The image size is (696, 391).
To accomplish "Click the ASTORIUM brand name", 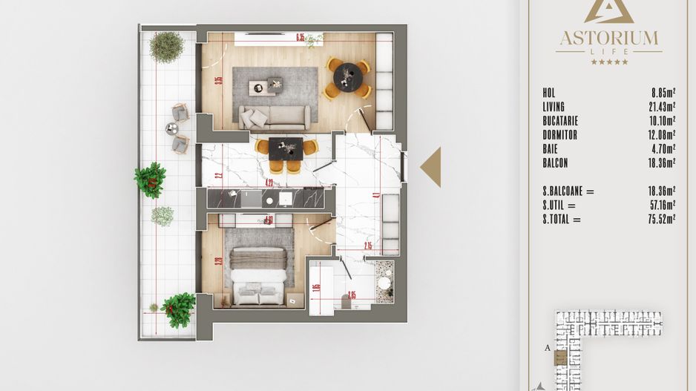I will click(x=608, y=37).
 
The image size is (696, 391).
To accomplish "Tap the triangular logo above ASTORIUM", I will click(x=608, y=11).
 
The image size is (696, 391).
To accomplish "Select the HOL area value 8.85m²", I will click(x=663, y=93).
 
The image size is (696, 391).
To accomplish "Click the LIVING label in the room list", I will click(x=554, y=107).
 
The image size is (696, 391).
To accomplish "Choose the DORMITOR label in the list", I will click(x=559, y=135).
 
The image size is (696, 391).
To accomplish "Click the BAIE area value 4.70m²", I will click(x=663, y=149).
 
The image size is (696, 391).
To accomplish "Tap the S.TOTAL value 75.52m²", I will click(x=660, y=219).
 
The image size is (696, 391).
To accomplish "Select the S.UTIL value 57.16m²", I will click(x=660, y=205).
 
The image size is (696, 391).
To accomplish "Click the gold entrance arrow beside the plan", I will click(x=431, y=167).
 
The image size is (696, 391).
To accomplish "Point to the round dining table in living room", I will click(x=347, y=77).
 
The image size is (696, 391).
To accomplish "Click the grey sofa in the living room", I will click(x=274, y=116).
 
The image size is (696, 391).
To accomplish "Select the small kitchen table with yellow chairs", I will click(x=286, y=149).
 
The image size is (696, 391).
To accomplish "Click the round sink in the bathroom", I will click(x=384, y=283).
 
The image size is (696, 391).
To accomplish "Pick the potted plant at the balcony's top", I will click(x=166, y=47).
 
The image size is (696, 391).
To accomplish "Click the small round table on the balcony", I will click(x=172, y=128).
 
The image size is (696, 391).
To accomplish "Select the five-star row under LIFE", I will click(x=608, y=62).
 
